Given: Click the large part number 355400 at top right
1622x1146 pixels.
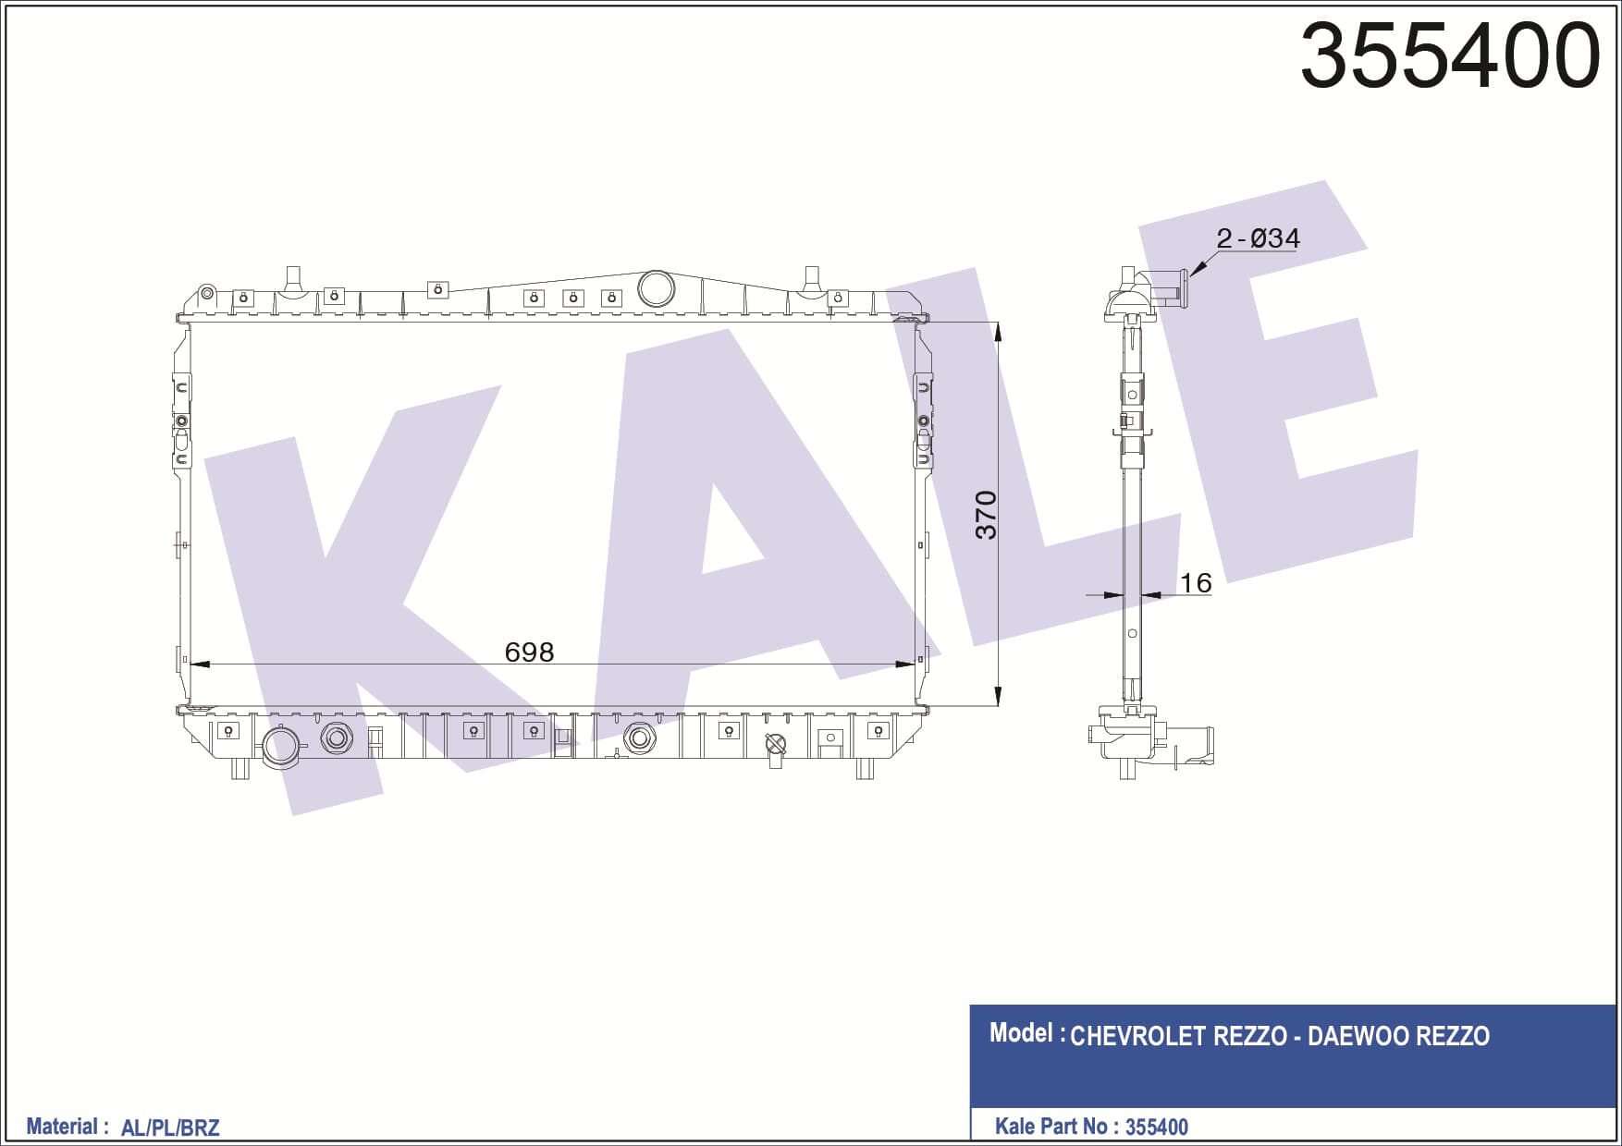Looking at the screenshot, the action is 1449,55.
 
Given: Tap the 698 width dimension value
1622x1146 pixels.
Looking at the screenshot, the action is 529,652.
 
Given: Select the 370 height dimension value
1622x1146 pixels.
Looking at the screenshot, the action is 986,516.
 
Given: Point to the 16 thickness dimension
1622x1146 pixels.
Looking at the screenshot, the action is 1196,583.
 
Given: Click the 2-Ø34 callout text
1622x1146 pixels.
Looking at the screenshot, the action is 1258,238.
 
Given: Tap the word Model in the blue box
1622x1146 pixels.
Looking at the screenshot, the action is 1021,1033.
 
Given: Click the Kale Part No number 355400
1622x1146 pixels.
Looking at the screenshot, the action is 1157,1127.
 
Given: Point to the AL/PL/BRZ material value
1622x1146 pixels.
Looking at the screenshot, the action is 170,1128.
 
